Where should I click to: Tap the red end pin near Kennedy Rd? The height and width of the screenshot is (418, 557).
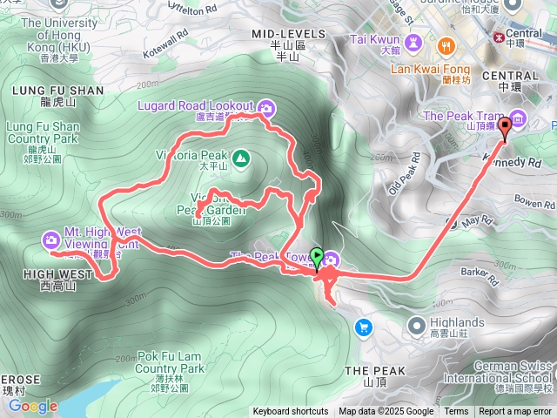click(503, 128)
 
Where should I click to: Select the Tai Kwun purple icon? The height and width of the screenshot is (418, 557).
click(414, 40)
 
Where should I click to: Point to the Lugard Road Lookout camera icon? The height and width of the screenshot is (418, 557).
click(267, 107)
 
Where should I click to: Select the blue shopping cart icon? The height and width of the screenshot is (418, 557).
click(363, 327)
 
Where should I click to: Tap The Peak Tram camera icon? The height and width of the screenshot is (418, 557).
click(519, 118)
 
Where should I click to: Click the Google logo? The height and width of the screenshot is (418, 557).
click(32, 406)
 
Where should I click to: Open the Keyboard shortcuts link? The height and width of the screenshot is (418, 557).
click(291, 412)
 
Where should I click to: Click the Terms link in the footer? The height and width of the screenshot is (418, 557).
click(456, 412)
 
